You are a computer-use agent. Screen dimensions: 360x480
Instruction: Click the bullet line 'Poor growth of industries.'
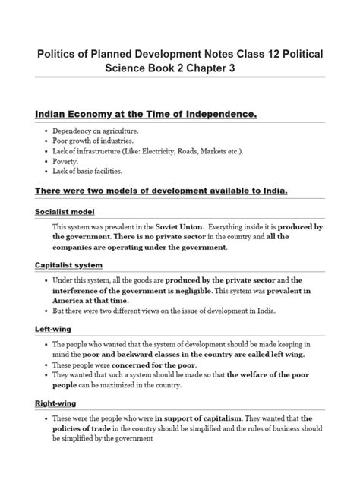point(94,141)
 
